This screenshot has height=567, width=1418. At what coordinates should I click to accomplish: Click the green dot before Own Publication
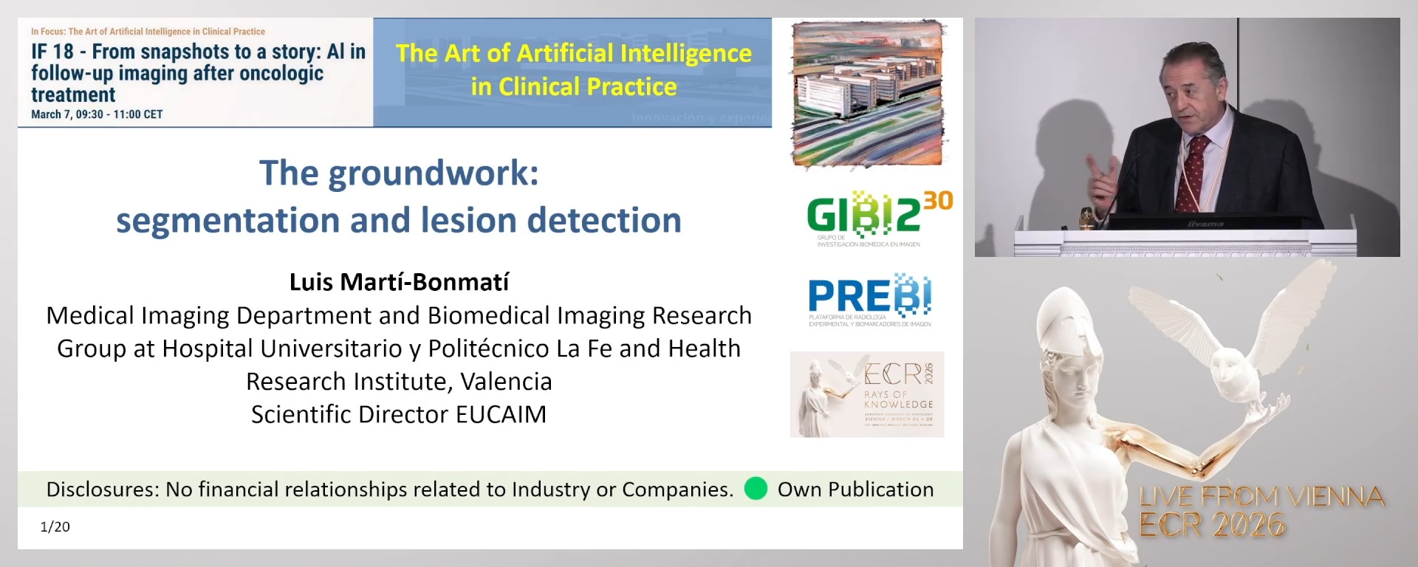(756, 489)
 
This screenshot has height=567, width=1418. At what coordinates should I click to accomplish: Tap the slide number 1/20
(55, 526)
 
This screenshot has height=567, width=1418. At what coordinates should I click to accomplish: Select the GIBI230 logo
(878, 217)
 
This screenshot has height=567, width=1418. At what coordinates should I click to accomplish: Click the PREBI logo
(869, 299)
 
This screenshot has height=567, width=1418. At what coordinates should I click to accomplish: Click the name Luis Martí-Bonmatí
(399, 282)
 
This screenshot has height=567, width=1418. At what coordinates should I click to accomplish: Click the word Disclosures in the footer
(100, 489)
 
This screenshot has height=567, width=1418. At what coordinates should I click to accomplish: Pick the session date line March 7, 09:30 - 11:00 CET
(97, 114)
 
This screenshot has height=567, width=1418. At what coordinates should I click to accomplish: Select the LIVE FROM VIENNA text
(1261, 496)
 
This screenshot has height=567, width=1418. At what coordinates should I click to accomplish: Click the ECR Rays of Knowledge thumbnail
(867, 394)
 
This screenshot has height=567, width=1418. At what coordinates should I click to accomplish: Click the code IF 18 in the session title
(52, 52)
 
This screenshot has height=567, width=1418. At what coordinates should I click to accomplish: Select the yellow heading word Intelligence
(685, 53)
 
